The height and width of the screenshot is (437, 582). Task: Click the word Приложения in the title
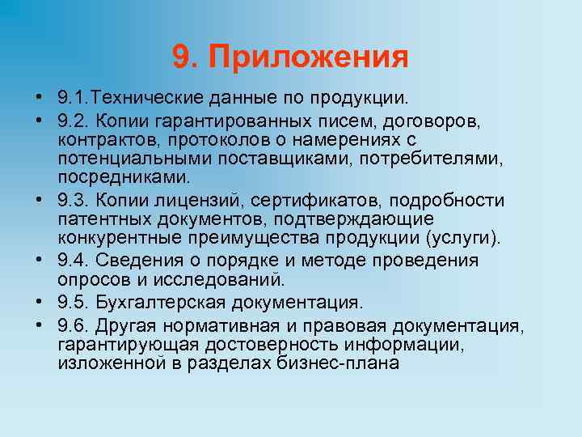tap(307, 58)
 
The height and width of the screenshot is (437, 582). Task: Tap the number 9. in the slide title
tap(185, 57)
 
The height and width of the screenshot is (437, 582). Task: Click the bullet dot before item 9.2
tap(39, 121)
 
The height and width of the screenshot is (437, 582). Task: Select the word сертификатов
tap(310, 201)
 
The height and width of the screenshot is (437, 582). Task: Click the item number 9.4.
tap(71, 261)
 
